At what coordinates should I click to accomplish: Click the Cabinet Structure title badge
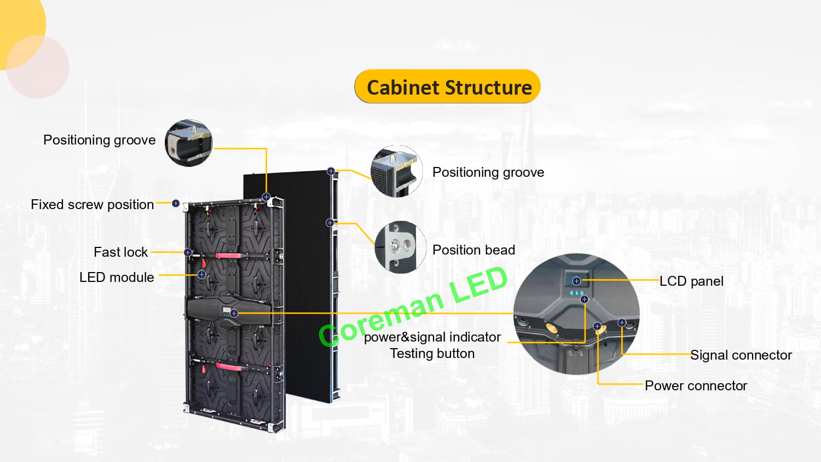(448, 86)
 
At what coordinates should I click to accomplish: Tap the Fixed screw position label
(92, 205)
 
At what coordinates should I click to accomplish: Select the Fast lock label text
(120, 252)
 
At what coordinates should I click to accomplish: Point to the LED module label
(117, 278)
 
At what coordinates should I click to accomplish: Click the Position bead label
(473, 250)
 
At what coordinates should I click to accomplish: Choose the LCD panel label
(691, 281)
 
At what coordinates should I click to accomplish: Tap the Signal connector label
(741, 355)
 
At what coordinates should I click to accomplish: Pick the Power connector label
(695, 386)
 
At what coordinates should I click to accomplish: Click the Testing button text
(432, 354)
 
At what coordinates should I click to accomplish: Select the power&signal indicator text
(432, 337)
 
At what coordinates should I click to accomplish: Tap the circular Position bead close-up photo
(400, 247)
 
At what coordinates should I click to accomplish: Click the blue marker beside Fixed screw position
(176, 204)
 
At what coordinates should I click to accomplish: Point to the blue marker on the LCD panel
(576, 281)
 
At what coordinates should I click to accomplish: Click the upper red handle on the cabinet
(228, 256)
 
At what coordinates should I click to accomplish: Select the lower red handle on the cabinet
(229, 366)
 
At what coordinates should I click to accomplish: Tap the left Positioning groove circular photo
(189, 143)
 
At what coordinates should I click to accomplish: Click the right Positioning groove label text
(488, 172)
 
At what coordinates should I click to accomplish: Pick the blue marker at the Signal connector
(622, 322)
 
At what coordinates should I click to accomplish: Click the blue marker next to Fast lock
(188, 252)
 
